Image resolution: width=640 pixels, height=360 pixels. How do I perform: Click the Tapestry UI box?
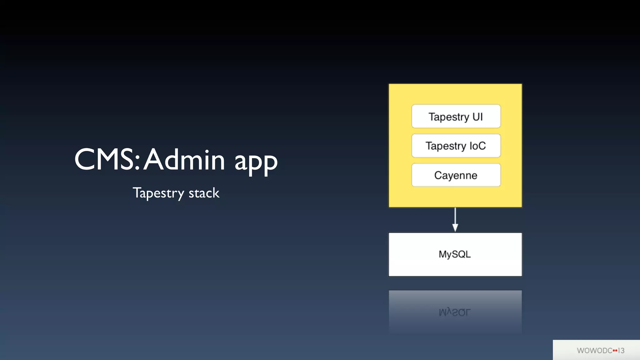coord(456,117)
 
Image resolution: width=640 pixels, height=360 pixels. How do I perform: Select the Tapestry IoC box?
coord(456,146)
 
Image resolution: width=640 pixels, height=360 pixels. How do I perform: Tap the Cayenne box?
coord(456,175)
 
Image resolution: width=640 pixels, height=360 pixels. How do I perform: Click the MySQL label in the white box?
coord(455,254)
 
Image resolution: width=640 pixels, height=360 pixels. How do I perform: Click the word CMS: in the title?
coord(107,160)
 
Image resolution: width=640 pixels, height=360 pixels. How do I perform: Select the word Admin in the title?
coord(184,160)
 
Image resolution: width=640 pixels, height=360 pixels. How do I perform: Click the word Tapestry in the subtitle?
coord(158,193)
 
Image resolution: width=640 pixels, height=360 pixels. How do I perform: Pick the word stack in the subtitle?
coord(204,193)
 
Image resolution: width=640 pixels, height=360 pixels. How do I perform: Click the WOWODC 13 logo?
coord(600,351)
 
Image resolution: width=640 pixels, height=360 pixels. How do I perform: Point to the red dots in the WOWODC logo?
coord(615,351)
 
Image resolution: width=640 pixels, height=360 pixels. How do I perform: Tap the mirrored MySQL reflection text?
coord(455,312)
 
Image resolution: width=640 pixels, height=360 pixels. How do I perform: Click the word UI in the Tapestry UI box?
coord(477,117)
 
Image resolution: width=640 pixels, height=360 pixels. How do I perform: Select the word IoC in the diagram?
coord(477,146)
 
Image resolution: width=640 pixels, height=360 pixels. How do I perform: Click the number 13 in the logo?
coord(621,351)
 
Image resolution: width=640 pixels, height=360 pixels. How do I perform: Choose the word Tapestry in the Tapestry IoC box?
coord(446,146)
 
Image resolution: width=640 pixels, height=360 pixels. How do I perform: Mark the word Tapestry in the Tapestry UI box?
coord(449,117)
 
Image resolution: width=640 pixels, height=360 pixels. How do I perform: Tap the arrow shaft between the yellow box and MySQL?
coord(455,216)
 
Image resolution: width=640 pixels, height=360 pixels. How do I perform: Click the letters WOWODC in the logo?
coord(594,351)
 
